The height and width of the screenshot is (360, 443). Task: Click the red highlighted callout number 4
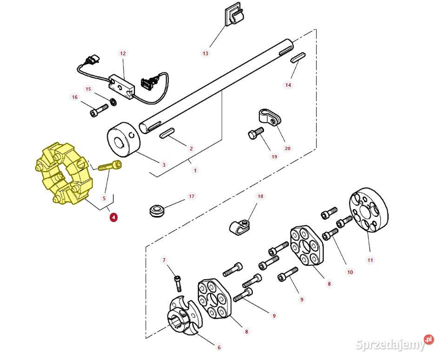(113, 217)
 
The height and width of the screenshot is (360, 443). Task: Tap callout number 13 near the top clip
(205, 53)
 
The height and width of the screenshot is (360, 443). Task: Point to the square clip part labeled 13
(234, 16)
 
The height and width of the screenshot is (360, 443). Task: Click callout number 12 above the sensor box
(123, 53)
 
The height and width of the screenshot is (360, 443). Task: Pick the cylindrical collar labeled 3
(124, 139)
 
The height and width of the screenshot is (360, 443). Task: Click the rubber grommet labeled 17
(157, 211)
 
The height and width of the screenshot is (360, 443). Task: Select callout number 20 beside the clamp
(288, 148)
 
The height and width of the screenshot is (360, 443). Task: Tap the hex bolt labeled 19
(256, 133)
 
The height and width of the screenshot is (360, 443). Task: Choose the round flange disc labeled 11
(369, 209)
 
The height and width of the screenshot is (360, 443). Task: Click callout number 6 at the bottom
(219, 347)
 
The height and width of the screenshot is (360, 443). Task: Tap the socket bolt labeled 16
(99, 110)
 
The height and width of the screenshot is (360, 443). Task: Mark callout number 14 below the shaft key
(288, 85)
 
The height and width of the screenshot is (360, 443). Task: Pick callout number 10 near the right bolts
(350, 272)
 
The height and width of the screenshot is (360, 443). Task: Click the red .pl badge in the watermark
(429, 339)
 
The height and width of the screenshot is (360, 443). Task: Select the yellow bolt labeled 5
(110, 165)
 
